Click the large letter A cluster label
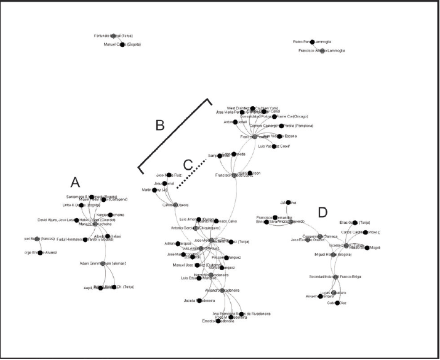pyautogui.click(x=75, y=182)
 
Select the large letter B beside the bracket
pyautogui.click(x=160, y=126)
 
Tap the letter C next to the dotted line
pyautogui.click(x=188, y=165)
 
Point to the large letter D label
pyautogui.click(x=322, y=213)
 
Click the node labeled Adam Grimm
pyautogui.click(x=102, y=263)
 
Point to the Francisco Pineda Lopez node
pyautogui.click(x=234, y=175)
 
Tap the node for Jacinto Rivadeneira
pyautogui.click(x=199, y=300)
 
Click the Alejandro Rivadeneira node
pyautogui.click(x=221, y=290)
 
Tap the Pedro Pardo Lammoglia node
pyautogui.click(x=312, y=42)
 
